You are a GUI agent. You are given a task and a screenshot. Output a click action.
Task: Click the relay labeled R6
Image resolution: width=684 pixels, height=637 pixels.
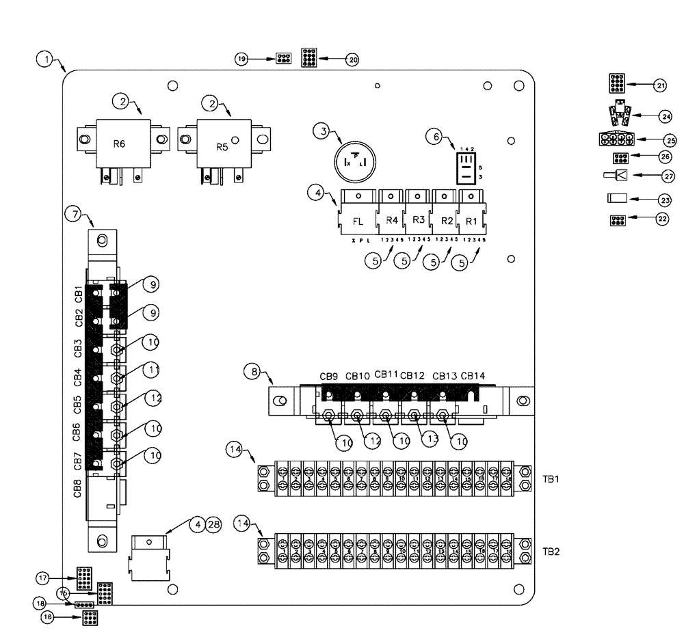pyautogui.click(x=122, y=144)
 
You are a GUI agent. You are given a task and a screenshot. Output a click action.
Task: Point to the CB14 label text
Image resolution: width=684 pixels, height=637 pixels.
pyautogui.click(x=473, y=375)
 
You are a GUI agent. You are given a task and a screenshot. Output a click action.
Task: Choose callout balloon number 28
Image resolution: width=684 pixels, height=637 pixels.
pyautogui.click(x=214, y=525)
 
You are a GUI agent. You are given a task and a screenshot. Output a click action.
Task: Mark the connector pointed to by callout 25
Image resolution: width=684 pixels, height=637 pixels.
pyautogui.click(x=616, y=139)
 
